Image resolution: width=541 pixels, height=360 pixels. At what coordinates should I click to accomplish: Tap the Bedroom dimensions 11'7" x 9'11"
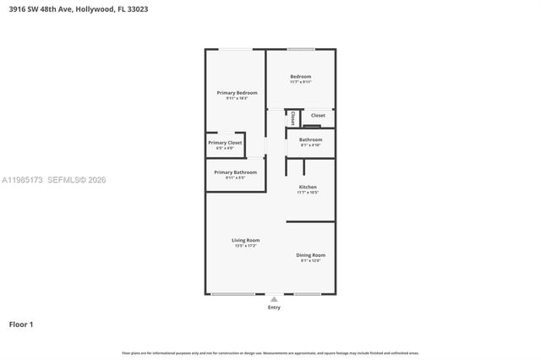coord(301,82)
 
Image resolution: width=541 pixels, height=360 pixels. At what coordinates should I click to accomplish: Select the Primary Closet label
coord(225,143)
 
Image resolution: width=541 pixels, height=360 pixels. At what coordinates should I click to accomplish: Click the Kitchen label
coord(308,186)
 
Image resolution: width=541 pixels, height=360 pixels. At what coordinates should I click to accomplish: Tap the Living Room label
coord(246,240)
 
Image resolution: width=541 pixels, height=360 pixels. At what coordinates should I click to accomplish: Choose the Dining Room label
coord(310,254)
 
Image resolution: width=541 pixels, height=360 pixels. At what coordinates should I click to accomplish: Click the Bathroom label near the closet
coord(310,139)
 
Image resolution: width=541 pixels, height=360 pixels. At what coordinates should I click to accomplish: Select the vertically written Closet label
coord(292,118)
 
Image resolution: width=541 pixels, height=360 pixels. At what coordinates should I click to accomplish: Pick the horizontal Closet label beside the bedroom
coord(318,115)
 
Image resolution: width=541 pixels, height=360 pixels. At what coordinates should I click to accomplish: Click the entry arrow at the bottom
coord(274,298)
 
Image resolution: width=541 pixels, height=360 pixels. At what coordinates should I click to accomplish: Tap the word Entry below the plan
coord(274,308)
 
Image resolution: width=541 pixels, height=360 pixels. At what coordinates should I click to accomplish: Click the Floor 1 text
coord(21,324)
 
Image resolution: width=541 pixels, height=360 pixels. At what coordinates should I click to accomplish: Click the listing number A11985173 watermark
coord(22,179)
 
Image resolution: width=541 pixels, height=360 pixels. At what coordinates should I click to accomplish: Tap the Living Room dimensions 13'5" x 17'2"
coord(246,246)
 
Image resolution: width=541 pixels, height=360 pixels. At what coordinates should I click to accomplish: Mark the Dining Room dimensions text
coord(310,260)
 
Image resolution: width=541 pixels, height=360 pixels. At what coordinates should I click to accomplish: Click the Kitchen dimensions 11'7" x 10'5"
coord(308,192)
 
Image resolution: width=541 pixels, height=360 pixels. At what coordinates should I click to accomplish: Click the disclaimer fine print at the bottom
coord(270,352)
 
